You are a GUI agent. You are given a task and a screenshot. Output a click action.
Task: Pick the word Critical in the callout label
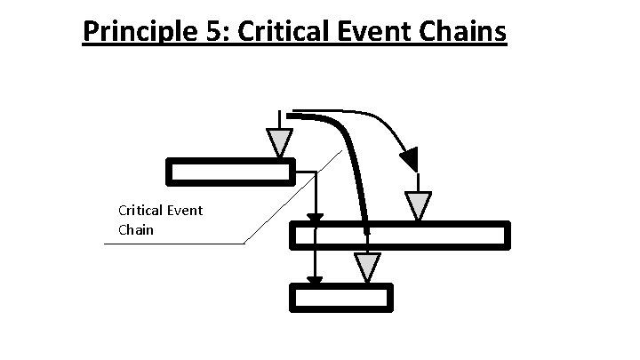tap(138, 211)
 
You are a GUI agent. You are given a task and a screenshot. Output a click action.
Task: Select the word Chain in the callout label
tap(136, 230)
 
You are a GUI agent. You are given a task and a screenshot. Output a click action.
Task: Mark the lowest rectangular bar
tap(343, 297)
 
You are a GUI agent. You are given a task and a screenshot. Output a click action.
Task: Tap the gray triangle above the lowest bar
tap(367, 267)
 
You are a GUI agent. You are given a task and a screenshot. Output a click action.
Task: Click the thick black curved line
tap(351, 160)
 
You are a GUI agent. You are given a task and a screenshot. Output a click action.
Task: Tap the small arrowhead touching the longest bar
tap(315, 218)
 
